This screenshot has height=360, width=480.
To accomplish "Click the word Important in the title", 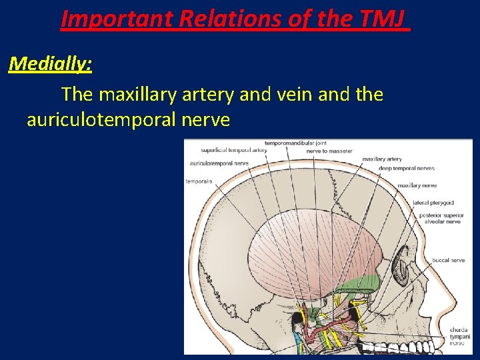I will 116,19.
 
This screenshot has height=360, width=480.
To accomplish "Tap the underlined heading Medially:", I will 51,65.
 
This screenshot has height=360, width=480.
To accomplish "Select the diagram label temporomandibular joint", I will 295,143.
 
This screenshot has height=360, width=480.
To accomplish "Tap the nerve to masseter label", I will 329,151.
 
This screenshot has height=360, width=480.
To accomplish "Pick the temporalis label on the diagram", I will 199,181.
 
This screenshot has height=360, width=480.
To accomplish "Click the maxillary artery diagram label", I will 382,159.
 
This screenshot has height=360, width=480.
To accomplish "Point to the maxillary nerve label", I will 417,185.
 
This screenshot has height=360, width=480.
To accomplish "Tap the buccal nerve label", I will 448,260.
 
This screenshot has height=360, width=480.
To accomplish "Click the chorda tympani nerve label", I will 458,336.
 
